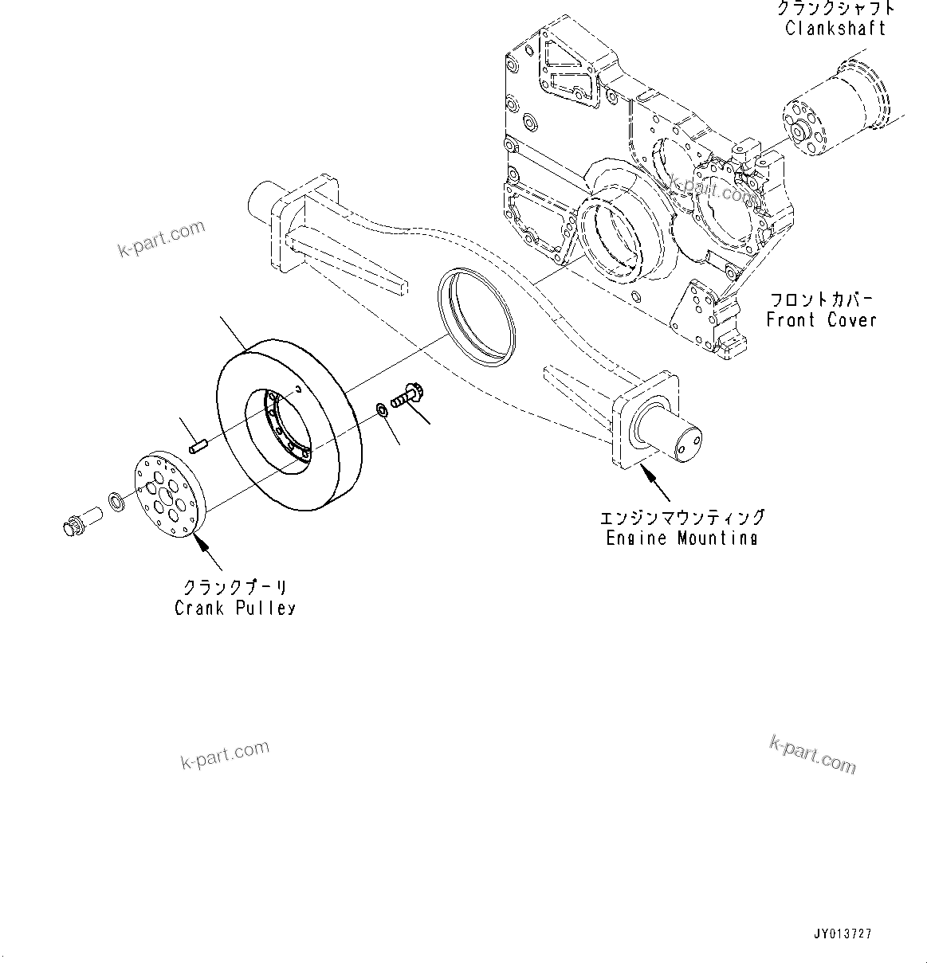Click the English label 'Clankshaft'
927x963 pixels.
tap(835, 29)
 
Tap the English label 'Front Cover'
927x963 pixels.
tap(821, 319)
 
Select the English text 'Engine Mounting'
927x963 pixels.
tap(682, 538)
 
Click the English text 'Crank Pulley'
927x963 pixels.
tap(235, 608)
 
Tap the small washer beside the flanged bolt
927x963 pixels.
tap(381, 410)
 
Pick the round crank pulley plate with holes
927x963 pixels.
tap(167, 495)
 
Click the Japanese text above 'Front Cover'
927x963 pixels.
tap(821, 299)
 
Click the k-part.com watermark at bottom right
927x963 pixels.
tap(812, 753)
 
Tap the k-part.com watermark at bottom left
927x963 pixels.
tap(225, 755)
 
